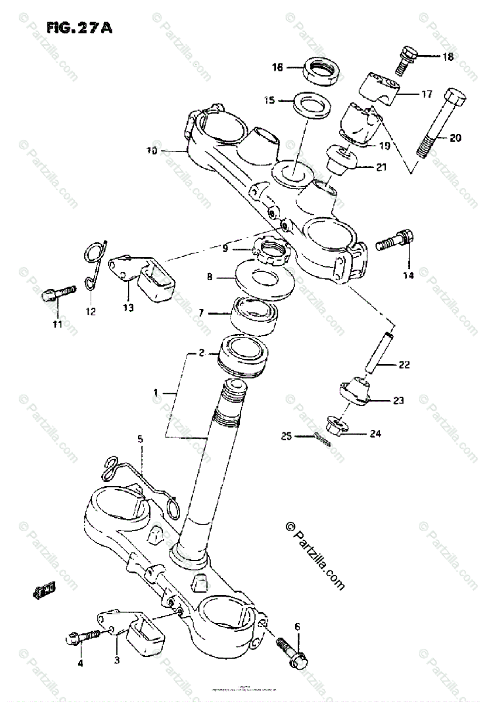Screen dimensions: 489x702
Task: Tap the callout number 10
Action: coord(152,150)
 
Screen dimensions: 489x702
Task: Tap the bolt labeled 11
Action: coord(59,292)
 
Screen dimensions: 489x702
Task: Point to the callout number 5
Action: coord(140,438)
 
